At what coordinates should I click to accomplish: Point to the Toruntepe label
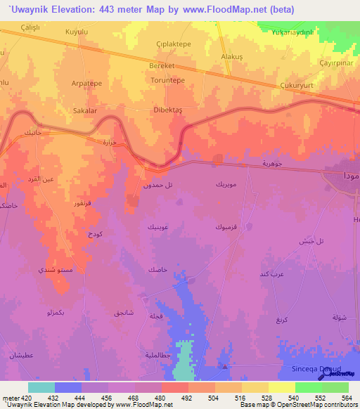(167, 81)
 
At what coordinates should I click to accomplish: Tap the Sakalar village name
(84, 111)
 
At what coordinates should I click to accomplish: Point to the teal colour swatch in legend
(41, 387)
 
